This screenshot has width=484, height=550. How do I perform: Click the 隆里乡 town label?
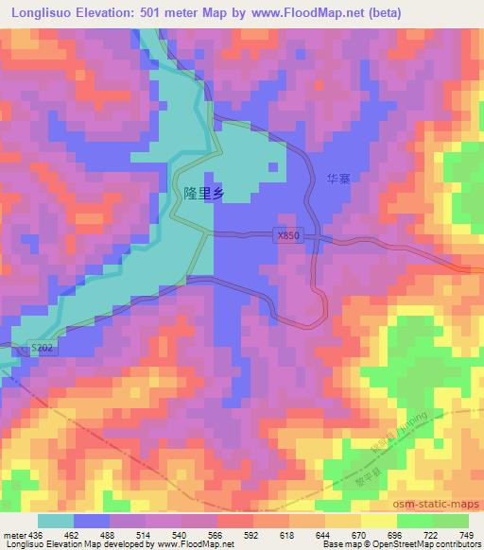point(203,192)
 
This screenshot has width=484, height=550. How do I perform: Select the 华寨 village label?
point(338,178)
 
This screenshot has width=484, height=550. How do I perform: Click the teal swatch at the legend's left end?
point(55,521)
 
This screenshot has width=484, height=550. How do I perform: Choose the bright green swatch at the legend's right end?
point(449,521)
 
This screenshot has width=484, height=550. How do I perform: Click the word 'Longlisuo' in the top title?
point(46,13)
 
